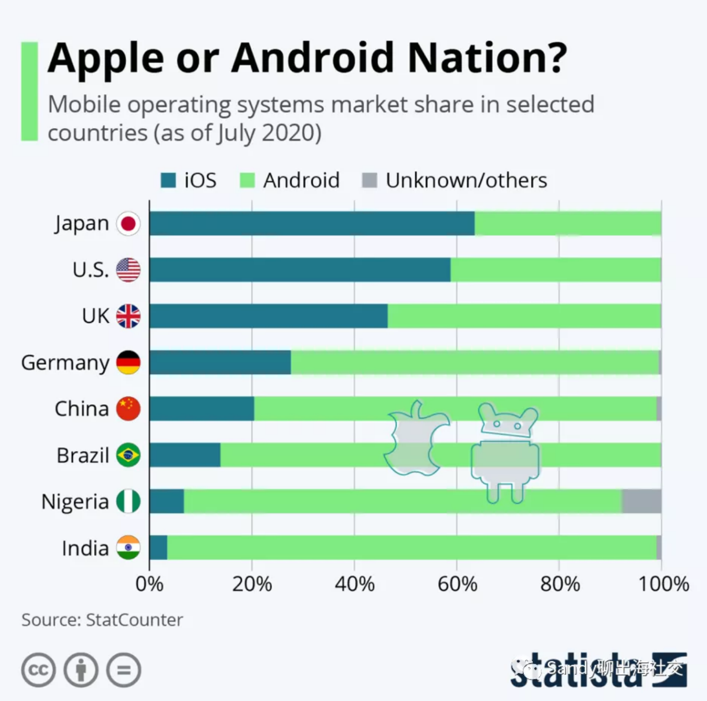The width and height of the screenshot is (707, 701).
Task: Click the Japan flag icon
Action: click(x=128, y=224)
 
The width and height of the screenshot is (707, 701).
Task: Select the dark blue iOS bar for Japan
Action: click(x=312, y=224)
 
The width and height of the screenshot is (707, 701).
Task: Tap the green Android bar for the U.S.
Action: click(x=556, y=270)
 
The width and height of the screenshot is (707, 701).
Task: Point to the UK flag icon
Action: click(x=128, y=316)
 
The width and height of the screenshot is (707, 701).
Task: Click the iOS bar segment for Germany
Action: click(x=220, y=363)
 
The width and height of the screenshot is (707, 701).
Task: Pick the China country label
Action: click(x=81, y=409)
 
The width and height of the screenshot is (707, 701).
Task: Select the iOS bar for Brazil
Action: click(x=185, y=455)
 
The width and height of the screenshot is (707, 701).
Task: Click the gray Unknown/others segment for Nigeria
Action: click(x=642, y=501)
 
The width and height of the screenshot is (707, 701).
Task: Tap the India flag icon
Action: click(x=128, y=548)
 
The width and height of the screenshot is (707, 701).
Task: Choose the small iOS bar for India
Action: click(x=158, y=548)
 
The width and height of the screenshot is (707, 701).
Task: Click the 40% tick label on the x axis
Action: click(x=355, y=584)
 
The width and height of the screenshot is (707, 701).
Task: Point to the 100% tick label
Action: click(x=663, y=584)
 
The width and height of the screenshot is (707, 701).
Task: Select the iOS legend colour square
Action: click(x=168, y=180)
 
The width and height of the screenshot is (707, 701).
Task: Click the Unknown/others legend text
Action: click(x=466, y=180)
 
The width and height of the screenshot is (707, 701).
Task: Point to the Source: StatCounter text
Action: click(x=102, y=620)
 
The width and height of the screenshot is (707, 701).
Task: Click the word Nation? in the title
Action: click(x=487, y=58)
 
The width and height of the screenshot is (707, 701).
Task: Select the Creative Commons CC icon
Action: click(x=38, y=670)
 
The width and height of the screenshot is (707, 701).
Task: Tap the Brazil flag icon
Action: click(x=128, y=455)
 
